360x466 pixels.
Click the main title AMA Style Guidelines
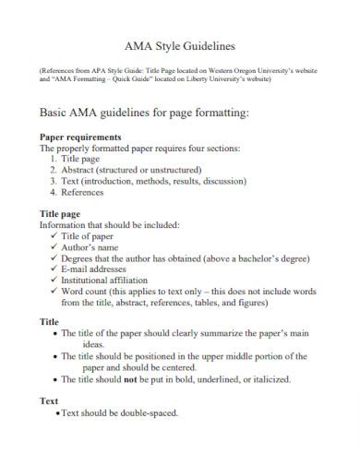[x=179, y=45]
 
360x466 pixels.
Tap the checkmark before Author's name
[x=54, y=247]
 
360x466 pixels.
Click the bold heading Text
[x=48, y=401]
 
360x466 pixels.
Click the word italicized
[x=266, y=378]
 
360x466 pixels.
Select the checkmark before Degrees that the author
[x=54, y=258]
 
